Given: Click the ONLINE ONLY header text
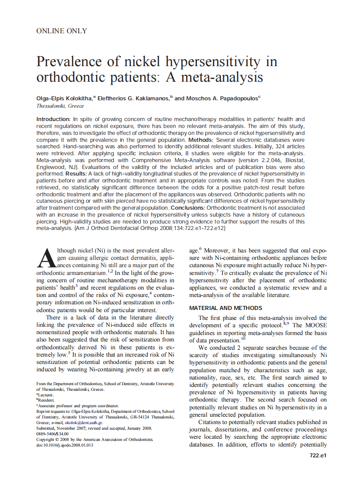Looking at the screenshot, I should pos(62,31).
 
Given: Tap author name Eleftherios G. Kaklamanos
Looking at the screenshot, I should pos(133,98).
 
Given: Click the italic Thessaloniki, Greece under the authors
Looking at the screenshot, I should pos(60,106).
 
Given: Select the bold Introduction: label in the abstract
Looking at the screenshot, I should pos(53,119).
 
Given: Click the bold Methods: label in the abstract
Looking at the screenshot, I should pos(200,140).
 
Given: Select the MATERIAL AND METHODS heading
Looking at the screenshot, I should pos(226,308).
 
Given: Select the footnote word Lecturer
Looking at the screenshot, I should pos(46,395).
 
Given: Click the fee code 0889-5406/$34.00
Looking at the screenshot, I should pos(52,434).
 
